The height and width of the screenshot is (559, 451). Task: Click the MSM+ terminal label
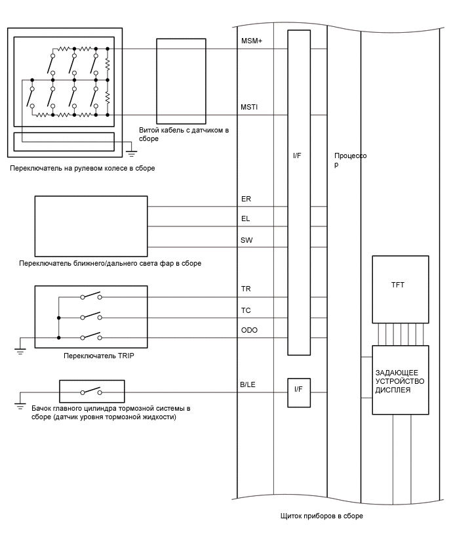click(x=252, y=41)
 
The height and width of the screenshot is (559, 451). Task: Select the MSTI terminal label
click(x=249, y=107)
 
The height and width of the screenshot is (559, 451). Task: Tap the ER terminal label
click(x=246, y=199)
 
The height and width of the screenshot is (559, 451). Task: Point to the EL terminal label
click(x=245, y=218)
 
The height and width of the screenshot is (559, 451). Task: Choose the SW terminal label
click(x=246, y=240)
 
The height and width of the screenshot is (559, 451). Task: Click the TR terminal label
click(x=246, y=289)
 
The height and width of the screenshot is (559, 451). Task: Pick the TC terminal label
click(x=246, y=310)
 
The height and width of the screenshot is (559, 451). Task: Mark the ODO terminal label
click(x=249, y=330)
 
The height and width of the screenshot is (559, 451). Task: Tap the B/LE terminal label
click(x=248, y=384)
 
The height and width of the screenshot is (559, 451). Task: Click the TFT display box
click(x=401, y=289)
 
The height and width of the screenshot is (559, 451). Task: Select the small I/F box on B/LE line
click(x=299, y=392)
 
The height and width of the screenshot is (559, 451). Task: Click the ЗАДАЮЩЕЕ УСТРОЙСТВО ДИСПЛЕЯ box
click(x=401, y=380)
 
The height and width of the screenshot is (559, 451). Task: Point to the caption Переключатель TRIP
click(x=99, y=356)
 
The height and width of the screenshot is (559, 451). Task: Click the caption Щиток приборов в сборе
click(x=322, y=516)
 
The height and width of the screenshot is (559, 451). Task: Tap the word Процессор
click(x=350, y=159)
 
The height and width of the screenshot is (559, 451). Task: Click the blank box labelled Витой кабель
click(x=182, y=81)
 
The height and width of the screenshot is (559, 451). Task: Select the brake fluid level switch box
click(x=92, y=392)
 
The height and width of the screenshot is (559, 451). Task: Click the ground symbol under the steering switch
click(x=132, y=154)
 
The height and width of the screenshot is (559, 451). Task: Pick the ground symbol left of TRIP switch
click(x=20, y=351)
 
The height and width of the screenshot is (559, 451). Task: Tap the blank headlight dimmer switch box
click(x=91, y=226)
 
